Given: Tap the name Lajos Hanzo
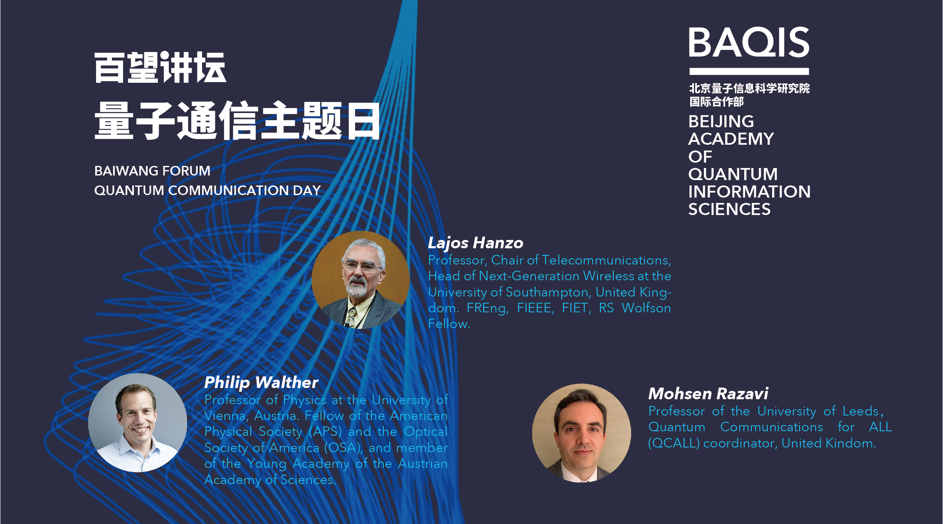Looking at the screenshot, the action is (x=476, y=243).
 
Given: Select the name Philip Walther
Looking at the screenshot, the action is (x=261, y=383).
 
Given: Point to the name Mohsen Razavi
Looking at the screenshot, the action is (x=708, y=393).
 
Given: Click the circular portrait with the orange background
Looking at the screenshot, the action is (x=360, y=280).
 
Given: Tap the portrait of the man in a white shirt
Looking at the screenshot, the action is (x=138, y=423).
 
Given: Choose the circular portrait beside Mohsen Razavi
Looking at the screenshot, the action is (x=582, y=433).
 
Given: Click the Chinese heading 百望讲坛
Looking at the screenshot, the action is (x=160, y=67).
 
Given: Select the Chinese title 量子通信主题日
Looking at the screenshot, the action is (x=237, y=120).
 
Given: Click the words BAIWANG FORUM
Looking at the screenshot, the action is (x=152, y=171).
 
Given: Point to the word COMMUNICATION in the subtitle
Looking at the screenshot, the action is (x=228, y=190).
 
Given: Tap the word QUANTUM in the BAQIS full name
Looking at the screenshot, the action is (x=733, y=174).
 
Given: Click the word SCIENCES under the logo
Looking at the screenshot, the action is (x=730, y=209).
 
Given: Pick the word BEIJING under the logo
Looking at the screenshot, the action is (x=721, y=121).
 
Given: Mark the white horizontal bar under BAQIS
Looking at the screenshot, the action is (x=749, y=71).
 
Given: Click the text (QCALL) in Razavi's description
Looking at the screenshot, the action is (x=674, y=443).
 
